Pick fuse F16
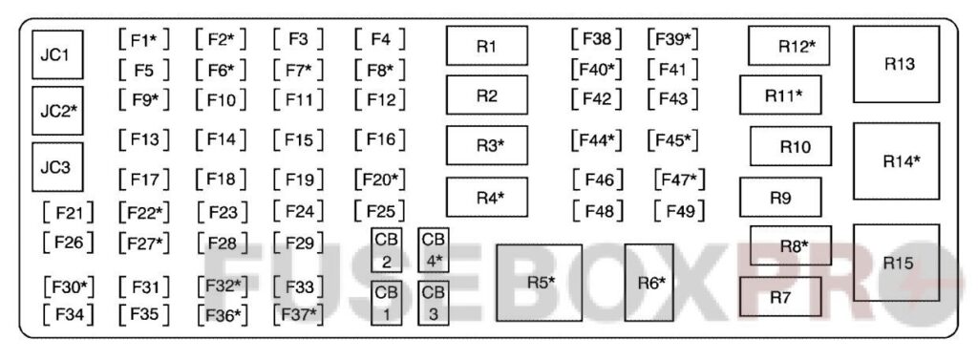(x=380, y=139)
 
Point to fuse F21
(x=69, y=211)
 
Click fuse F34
(x=69, y=312)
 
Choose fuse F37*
(x=299, y=313)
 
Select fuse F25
(x=380, y=211)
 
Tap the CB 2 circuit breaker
(x=386, y=250)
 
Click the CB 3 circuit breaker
(x=433, y=304)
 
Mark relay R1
(x=486, y=45)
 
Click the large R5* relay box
(x=539, y=283)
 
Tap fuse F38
(x=596, y=39)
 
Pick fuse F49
(x=679, y=211)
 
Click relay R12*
(x=788, y=45)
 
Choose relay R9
(x=779, y=198)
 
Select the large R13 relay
(x=895, y=64)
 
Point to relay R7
(x=779, y=297)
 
